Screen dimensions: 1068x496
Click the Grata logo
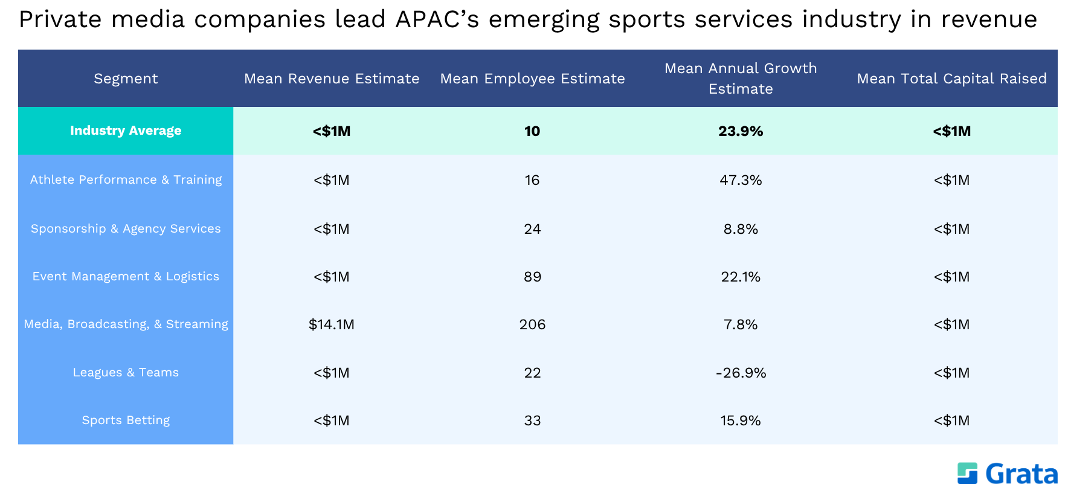[1007, 474]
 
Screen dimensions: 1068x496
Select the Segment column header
[126, 79]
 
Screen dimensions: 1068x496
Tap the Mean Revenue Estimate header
[332, 79]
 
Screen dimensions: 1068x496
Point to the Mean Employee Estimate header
[532, 79]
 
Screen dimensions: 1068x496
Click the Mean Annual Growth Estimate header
[741, 79]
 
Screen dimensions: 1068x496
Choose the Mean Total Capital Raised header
[951, 79]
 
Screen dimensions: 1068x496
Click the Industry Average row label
[126, 130]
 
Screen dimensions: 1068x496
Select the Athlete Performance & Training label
[126, 179]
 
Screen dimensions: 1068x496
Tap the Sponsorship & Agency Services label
[126, 228]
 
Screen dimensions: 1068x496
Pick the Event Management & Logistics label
[126, 276]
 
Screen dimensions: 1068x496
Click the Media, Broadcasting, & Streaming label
[126, 324]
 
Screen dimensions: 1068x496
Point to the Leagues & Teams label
[126, 372]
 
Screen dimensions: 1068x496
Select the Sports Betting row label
[126, 420]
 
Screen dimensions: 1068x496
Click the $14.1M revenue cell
[332, 324]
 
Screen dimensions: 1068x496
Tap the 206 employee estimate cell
[532, 324]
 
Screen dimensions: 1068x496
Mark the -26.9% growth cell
[741, 373]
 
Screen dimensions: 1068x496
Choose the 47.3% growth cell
[741, 180]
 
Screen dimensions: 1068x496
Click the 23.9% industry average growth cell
[741, 131]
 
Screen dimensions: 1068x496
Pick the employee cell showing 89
[532, 277]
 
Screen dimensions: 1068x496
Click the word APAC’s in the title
[437, 19]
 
